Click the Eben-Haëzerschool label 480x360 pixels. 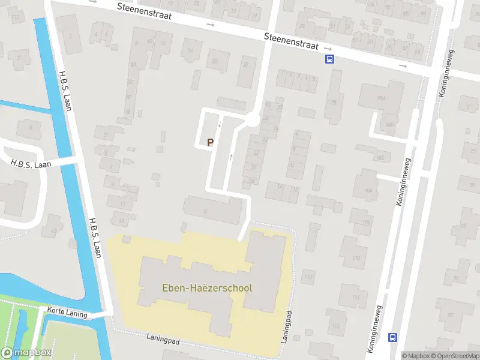click(x=207, y=287)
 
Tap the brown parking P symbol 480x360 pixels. click(x=210, y=143)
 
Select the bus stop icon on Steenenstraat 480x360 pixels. click(x=329, y=59)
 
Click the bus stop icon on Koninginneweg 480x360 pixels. click(x=392, y=337)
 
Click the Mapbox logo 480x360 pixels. click(x=26, y=353)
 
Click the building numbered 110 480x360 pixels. click(x=356, y=259)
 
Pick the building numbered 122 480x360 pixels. click(x=336, y=326)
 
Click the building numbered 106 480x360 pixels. click(x=366, y=223)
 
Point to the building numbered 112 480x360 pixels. click(x=309, y=277)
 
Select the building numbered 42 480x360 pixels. click(x=54, y=230)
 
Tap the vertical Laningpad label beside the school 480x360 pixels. click(x=288, y=327)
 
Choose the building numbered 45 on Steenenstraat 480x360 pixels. click(x=302, y=26)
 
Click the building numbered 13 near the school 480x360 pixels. click(x=122, y=221)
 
